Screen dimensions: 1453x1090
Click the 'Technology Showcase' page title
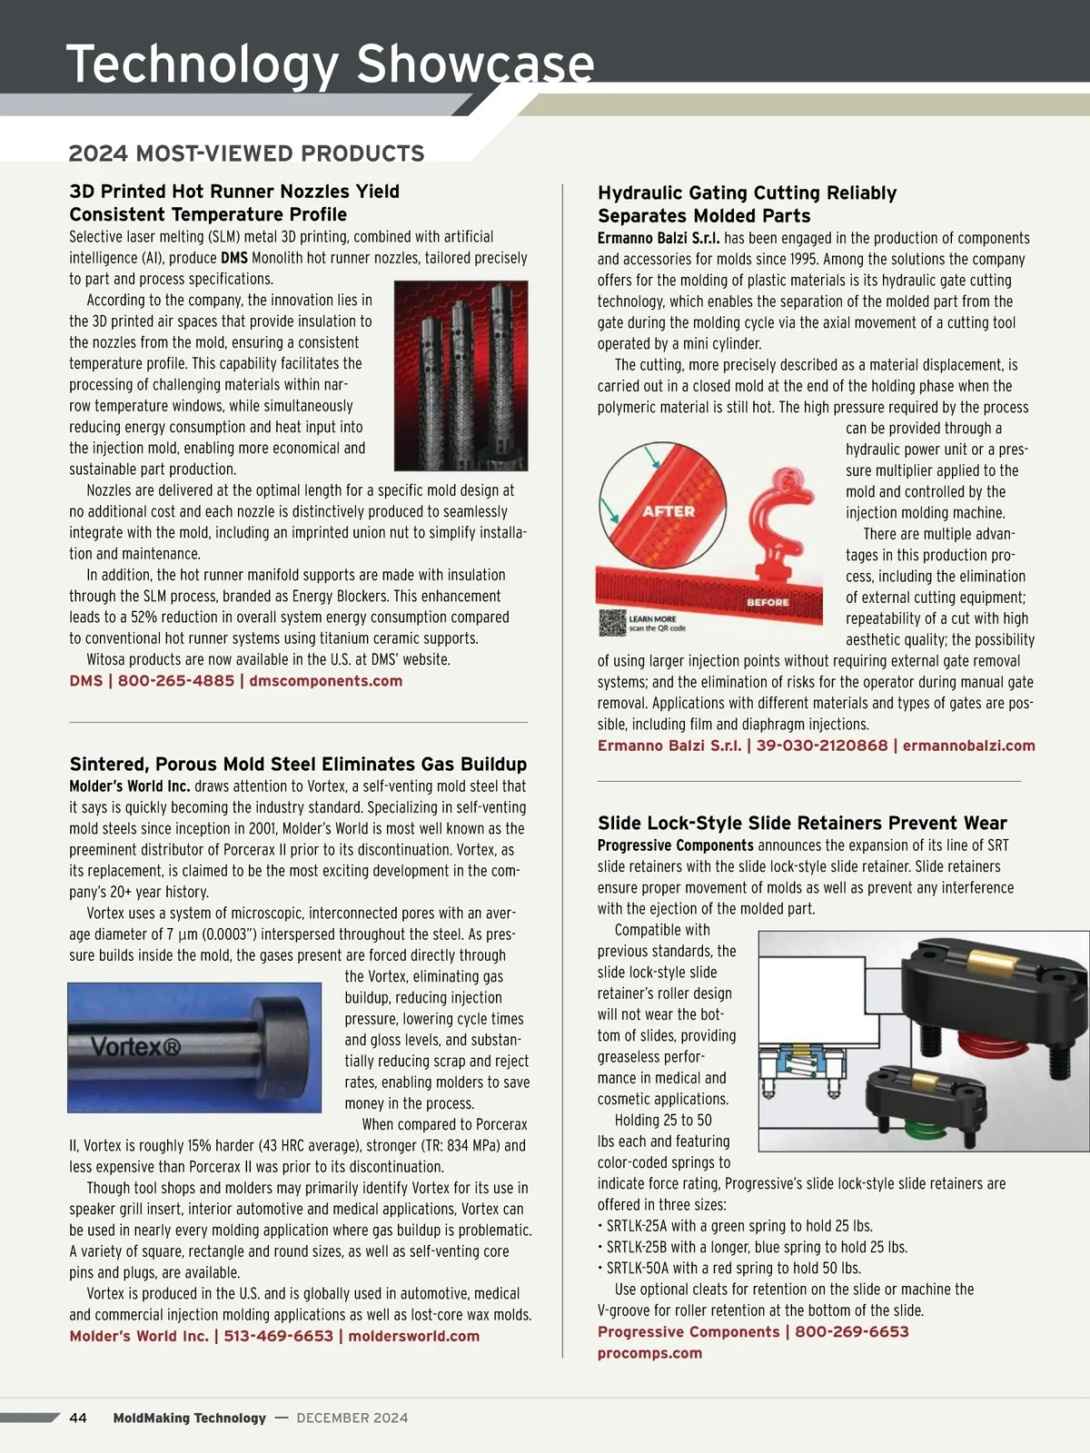[x=330, y=64]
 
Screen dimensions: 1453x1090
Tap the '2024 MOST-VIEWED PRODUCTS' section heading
[x=246, y=153]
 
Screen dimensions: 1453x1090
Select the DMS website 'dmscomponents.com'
[x=325, y=681]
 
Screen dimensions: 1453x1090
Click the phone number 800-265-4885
[x=176, y=681]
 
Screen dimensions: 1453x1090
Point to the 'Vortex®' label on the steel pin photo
[x=136, y=1047]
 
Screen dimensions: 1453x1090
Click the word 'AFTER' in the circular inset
[x=669, y=511]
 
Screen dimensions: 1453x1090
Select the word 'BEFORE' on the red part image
[x=768, y=602]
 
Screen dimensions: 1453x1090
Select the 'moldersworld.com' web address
[x=413, y=1336]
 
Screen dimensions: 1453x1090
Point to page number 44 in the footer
[x=78, y=1418]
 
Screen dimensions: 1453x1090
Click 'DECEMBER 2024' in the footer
[x=352, y=1418]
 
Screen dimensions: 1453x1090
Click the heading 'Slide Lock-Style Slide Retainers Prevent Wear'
[x=802, y=824]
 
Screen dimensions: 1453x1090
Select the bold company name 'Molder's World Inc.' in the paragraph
[x=130, y=786]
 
